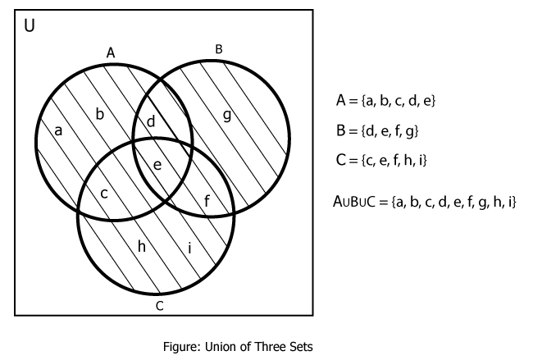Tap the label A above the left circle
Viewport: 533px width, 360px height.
[x=111, y=52]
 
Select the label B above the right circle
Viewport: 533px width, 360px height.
[x=219, y=49]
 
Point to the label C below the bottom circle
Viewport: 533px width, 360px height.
[x=160, y=306]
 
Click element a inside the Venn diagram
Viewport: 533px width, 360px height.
[x=58, y=130]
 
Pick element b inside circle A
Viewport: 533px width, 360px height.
[x=100, y=113]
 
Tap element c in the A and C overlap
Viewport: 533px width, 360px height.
[x=104, y=194]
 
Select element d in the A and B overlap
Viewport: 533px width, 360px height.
[x=150, y=122]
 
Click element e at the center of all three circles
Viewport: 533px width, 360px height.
[x=158, y=165]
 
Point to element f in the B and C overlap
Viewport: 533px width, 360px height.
[x=207, y=199]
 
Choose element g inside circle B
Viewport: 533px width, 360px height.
[x=227, y=114]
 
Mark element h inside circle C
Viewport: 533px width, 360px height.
[x=142, y=245]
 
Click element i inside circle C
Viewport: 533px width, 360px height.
[x=190, y=247]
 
